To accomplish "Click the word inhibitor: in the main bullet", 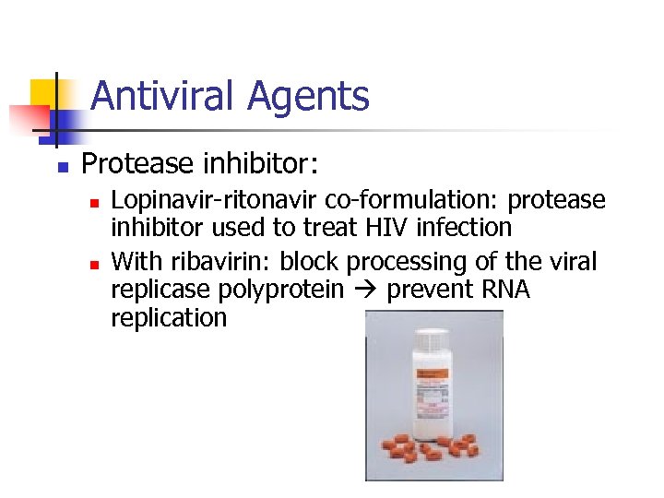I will click(x=259, y=164).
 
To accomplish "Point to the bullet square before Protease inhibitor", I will click(x=62, y=167).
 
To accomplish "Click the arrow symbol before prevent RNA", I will click(x=371, y=290).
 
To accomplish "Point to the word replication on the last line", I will click(x=168, y=318).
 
